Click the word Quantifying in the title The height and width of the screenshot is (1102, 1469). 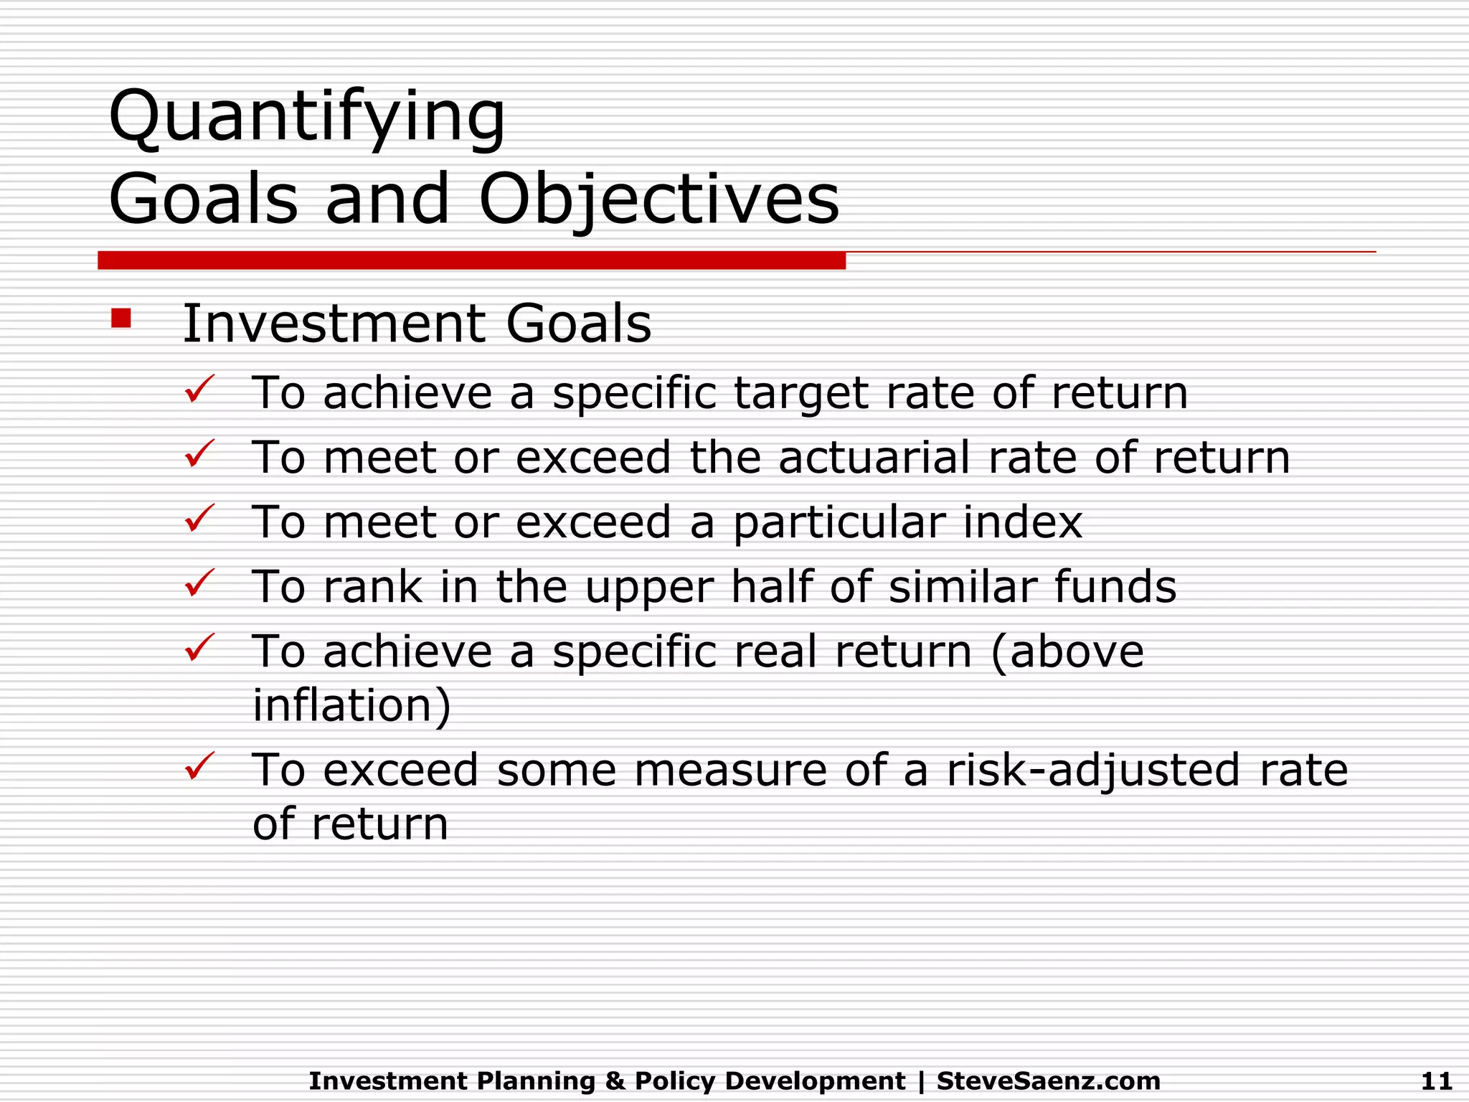[307, 117]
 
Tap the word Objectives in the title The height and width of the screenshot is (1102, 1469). [658, 199]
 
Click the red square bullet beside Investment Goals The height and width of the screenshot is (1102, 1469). [121, 318]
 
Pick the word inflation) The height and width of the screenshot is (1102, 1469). [351, 705]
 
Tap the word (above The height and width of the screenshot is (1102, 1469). [1067, 651]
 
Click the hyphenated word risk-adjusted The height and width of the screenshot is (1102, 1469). [1093, 771]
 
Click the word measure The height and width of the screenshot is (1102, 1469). [729, 770]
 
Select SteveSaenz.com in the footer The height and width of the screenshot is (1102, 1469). [1048, 1080]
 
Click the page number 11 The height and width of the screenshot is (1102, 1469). [1436, 1080]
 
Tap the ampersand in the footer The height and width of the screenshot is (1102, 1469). [615, 1080]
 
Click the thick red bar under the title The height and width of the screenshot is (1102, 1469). [471, 260]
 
